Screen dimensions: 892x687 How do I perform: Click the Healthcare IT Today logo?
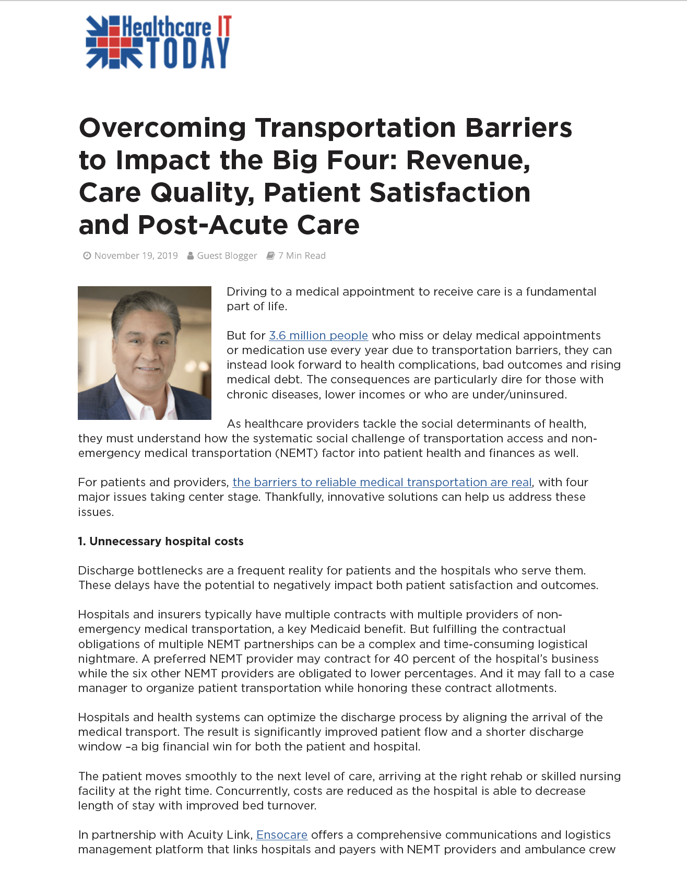point(158,42)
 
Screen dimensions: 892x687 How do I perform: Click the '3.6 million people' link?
point(318,336)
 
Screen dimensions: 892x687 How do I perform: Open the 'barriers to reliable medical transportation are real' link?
point(382,483)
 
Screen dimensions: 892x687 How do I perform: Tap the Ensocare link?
point(281,835)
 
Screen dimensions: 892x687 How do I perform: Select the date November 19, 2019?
point(136,256)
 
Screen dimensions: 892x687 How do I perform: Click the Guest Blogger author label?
point(227,256)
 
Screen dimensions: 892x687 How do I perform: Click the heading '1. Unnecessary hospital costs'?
point(161,542)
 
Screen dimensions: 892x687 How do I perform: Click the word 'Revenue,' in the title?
point(468,160)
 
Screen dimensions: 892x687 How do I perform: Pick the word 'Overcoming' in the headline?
point(162,128)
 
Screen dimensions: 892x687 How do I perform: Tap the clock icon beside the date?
point(87,256)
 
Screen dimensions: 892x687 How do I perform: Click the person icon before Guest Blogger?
point(191,256)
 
